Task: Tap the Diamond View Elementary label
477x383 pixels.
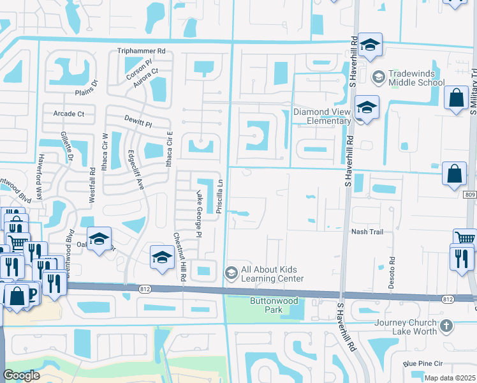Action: click(322, 116)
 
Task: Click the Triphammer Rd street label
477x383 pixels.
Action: click(141, 51)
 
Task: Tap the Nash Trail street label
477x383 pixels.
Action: click(367, 232)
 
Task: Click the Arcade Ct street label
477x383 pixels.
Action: click(68, 114)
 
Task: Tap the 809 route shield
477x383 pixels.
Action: click(470, 194)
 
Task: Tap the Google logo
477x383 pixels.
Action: click(21, 375)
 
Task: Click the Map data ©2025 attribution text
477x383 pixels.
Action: click(450, 378)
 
